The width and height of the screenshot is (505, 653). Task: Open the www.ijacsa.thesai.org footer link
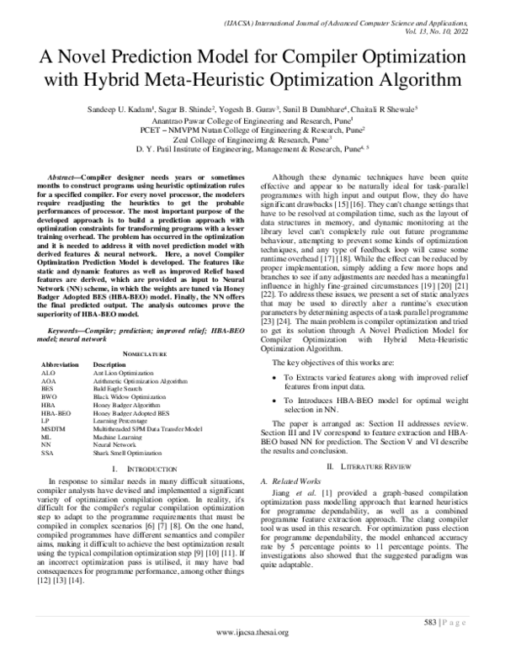click(x=252, y=632)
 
